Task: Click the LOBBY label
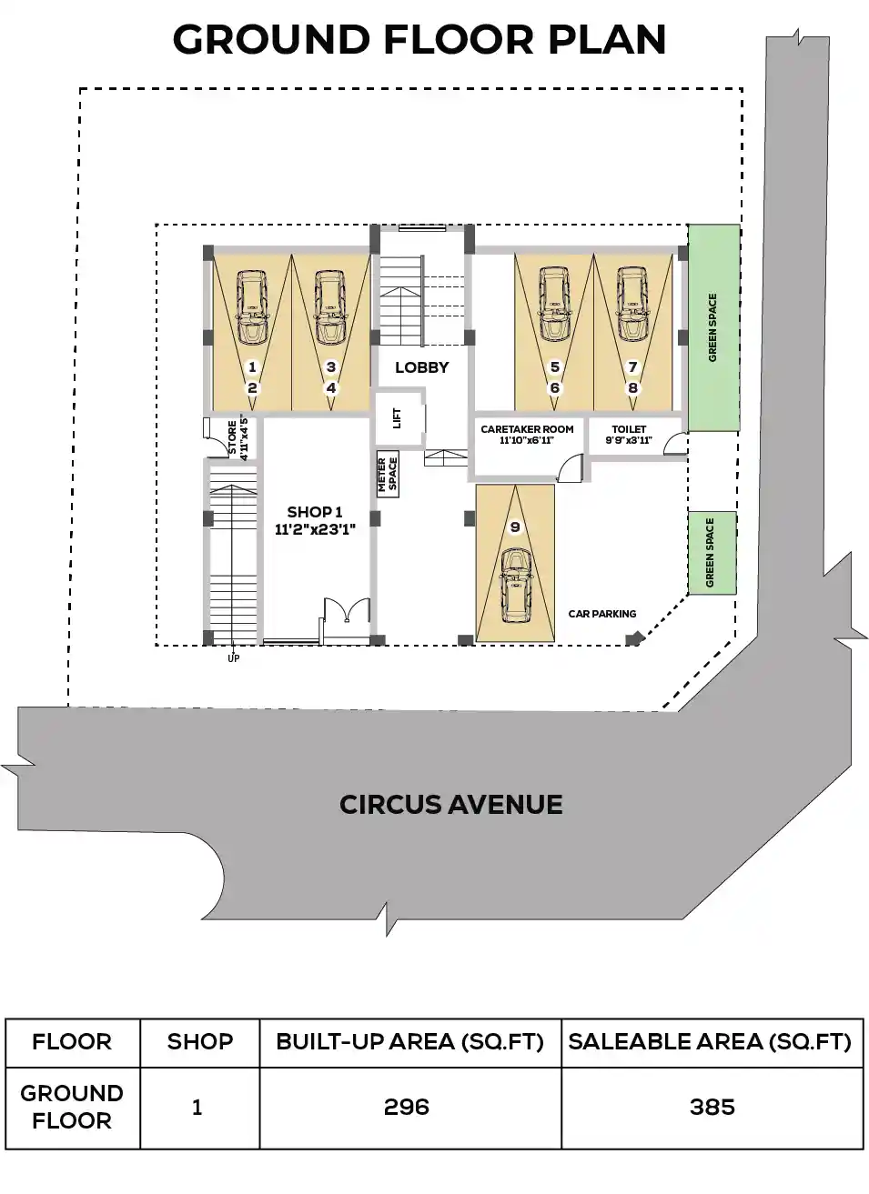421,367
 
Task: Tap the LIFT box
399,418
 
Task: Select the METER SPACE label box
388,475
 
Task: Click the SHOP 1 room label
315,521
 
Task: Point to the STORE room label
237,437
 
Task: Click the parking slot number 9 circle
515,527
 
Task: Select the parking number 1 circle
252,366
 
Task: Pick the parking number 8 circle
632,387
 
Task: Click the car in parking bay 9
515,585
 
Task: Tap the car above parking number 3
330,307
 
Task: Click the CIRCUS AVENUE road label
450,805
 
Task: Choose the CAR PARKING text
602,614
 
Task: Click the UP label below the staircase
234,658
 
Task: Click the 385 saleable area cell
712,1108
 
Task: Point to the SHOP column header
200,1041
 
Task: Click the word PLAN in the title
607,39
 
